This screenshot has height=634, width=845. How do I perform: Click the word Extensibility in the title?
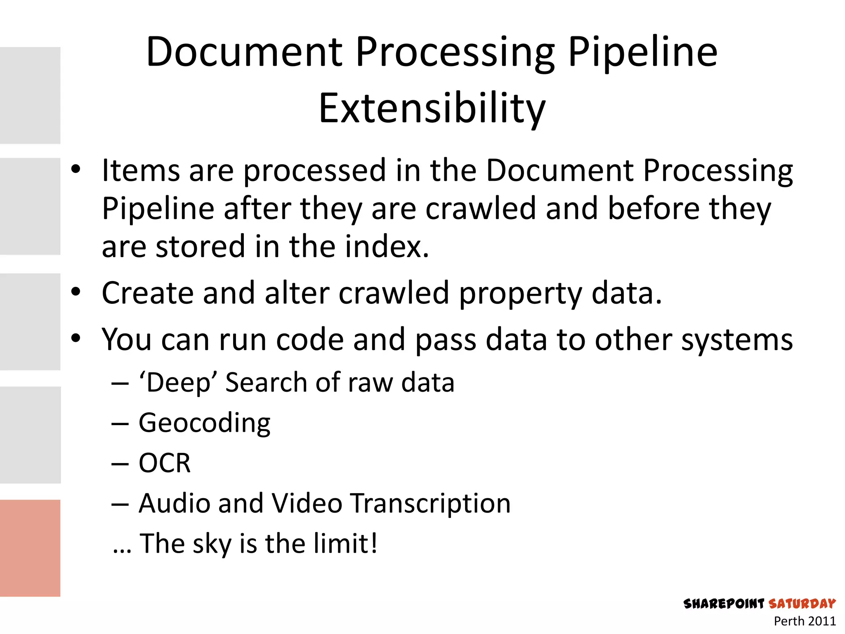(432, 108)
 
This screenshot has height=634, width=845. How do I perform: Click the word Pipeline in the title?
(642, 52)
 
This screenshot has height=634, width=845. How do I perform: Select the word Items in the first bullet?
(141, 170)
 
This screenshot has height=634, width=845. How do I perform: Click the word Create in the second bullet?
(147, 293)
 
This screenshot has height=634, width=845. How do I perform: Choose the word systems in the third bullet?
(736, 340)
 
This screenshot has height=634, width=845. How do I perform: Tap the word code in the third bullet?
(309, 340)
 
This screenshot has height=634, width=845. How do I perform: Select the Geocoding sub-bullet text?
(204, 423)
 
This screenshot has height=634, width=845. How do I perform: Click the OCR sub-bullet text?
(165, 463)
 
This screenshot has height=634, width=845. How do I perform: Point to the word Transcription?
(431, 504)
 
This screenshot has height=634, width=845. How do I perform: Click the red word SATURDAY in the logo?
(802, 604)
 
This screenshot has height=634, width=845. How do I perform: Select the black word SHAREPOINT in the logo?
(724, 604)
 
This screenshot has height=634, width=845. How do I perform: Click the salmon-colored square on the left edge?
(30, 548)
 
